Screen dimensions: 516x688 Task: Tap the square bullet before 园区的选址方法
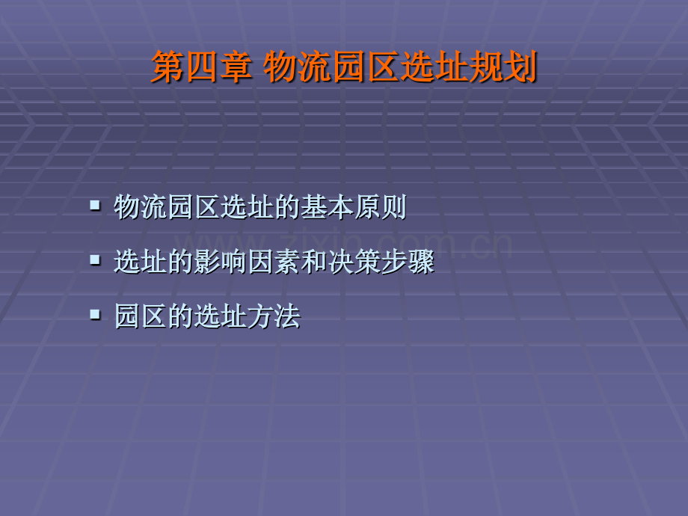[x=94, y=314]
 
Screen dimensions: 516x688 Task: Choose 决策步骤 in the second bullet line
[x=381, y=262]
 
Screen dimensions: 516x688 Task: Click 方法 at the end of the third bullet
[x=274, y=317]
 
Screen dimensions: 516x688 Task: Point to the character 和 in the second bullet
[x=315, y=262]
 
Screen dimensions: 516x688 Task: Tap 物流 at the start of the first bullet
[x=141, y=208]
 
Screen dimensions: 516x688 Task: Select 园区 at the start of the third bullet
[x=141, y=317]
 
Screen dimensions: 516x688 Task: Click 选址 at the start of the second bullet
[x=141, y=262]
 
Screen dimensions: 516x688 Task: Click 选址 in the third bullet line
[x=220, y=317]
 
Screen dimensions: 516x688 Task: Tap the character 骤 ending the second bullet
[x=422, y=262]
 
